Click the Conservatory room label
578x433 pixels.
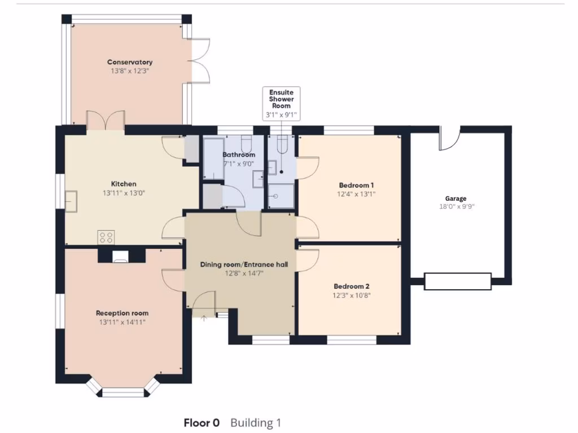130,62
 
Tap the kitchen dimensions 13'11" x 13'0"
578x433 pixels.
123,193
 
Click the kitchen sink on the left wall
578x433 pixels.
71,201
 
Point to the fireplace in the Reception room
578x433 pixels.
121,257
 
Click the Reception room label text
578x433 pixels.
122,313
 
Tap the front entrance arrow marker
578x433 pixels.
204,317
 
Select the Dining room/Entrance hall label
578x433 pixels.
240,264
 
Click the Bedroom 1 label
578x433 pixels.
356,185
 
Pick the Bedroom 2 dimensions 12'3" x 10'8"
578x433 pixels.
352,295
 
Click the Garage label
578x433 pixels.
456,198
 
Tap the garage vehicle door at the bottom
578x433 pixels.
458,281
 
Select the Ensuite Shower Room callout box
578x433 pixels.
281,103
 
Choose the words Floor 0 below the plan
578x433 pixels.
202,423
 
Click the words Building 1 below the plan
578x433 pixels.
256,423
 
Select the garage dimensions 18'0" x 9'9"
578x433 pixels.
456,207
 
